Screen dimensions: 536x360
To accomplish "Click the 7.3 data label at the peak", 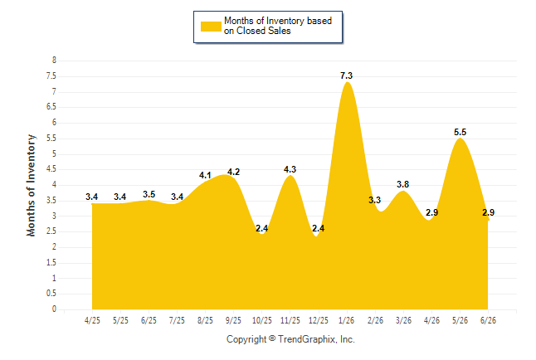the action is point(346,75).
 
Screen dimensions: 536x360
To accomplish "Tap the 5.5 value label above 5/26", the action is point(460,132).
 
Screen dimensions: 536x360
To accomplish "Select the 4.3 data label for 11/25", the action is point(290,169).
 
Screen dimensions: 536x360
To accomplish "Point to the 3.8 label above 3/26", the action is point(402,184).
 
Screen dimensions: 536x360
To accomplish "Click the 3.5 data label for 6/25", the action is point(149,194).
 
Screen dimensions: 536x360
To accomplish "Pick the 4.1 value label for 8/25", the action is point(205,175).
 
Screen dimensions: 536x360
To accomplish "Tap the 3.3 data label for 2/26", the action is point(374,200).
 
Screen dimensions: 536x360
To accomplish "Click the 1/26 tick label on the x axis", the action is point(346,320).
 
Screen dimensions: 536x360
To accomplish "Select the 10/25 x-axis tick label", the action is point(262,320).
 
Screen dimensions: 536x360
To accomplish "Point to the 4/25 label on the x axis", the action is point(92,320).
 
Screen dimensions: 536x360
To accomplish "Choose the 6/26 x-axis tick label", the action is point(488,320).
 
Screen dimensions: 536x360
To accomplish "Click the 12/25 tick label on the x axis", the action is point(319,320).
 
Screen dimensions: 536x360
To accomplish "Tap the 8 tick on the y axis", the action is point(54,61).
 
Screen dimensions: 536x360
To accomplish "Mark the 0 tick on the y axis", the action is point(54,309).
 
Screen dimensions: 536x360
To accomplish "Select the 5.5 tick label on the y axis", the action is point(51,139).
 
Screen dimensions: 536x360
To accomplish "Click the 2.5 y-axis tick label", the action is point(51,231).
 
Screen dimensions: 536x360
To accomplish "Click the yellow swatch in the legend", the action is point(211,27).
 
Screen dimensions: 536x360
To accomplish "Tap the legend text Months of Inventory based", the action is point(278,21).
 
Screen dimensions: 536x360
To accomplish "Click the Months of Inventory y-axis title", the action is point(31,185).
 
